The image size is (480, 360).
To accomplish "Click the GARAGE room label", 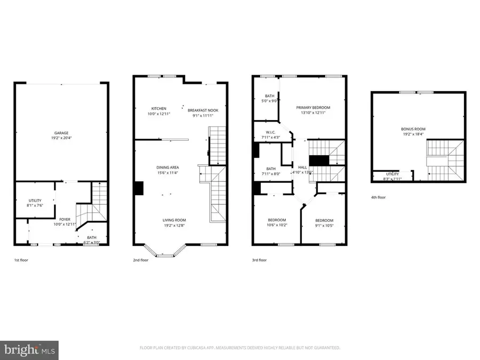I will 61,133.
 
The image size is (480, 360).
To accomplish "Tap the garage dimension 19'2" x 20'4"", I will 61,139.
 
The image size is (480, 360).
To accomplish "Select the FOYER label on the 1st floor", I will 65,219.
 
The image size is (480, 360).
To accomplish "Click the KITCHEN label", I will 158,108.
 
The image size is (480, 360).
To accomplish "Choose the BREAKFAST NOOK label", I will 203,110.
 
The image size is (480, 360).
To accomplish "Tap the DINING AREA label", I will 167,167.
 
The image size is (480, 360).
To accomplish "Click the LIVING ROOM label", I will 174,220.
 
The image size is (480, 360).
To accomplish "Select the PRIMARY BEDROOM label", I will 313,107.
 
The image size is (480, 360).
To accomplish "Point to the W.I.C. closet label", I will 271,133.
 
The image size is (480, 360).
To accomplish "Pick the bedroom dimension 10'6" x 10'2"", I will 276,225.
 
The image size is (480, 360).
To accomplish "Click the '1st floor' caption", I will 22,260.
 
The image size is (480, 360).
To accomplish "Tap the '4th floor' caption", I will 378,197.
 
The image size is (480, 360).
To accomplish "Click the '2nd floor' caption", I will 140,260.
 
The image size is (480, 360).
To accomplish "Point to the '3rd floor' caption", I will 259,260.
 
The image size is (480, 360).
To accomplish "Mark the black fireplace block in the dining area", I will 139,188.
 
